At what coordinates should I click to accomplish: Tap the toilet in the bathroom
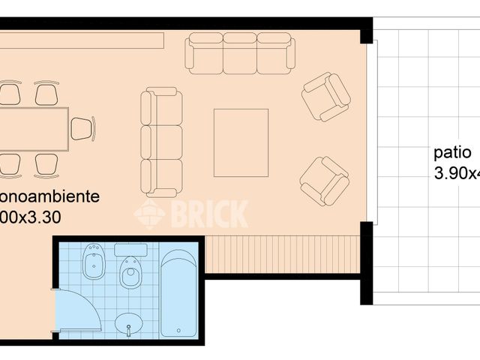pyautogui.click(x=130, y=271)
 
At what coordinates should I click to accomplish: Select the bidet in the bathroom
pyautogui.click(x=94, y=262)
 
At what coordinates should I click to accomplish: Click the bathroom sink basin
pyautogui.click(x=129, y=325)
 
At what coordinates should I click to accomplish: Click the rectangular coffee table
pyautogui.click(x=241, y=142)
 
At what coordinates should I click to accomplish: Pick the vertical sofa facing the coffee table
pyautogui.click(x=161, y=141)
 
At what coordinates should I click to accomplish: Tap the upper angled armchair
pyautogui.click(x=325, y=96)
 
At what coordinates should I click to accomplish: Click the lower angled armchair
pyautogui.click(x=324, y=180)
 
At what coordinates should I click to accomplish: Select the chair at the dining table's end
pyautogui.click(x=81, y=128)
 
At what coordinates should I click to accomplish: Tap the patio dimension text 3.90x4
pyautogui.click(x=456, y=174)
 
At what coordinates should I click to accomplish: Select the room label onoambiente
pyautogui.click(x=49, y=197)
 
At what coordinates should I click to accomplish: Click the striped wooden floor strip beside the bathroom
pyautogui.click(x=281, y=254)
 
